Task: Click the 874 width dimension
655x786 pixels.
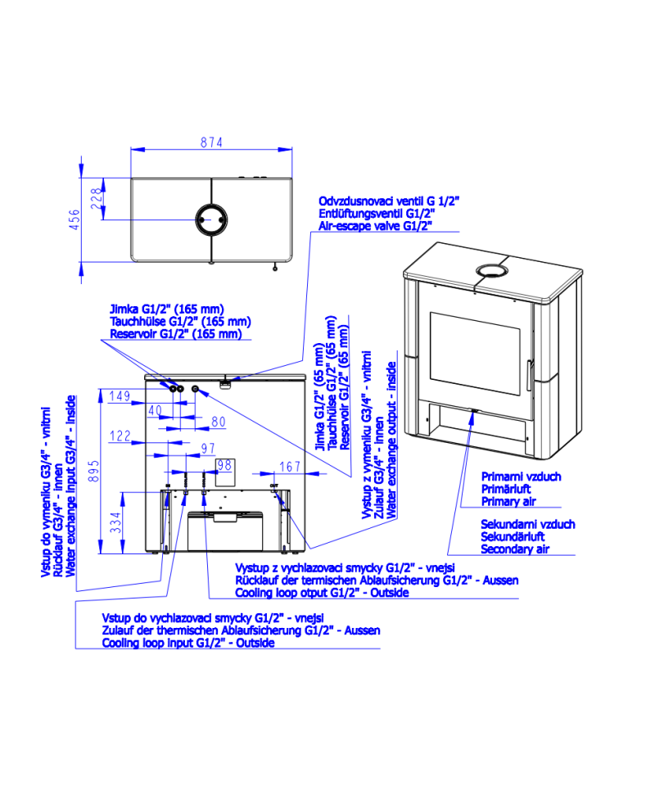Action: point(211,142)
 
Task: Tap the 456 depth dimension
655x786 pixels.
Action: point(75,219)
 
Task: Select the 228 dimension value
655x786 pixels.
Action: point(96,199)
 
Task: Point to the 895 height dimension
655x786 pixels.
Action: point(93,472)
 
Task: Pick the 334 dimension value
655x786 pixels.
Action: point(115,522)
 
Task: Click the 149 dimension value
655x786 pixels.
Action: point(120,396)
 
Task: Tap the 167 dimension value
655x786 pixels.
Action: point(290,467)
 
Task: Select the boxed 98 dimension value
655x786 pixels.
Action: point(224,465)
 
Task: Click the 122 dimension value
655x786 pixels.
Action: point(120,436)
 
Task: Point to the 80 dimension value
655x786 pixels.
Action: point(219,422)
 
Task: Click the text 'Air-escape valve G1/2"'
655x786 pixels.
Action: point(375,226)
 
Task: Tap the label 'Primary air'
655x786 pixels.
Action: point(508,501)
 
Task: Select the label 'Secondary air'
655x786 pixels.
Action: point(515,549)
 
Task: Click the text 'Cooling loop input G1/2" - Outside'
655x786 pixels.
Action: point(188,643)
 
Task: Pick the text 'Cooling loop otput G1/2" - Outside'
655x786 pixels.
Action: point(323,593)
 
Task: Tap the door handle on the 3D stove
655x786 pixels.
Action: point(529,375)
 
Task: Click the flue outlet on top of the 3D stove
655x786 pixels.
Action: point(492,271)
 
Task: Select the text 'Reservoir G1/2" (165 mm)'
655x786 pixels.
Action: point(176,333)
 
